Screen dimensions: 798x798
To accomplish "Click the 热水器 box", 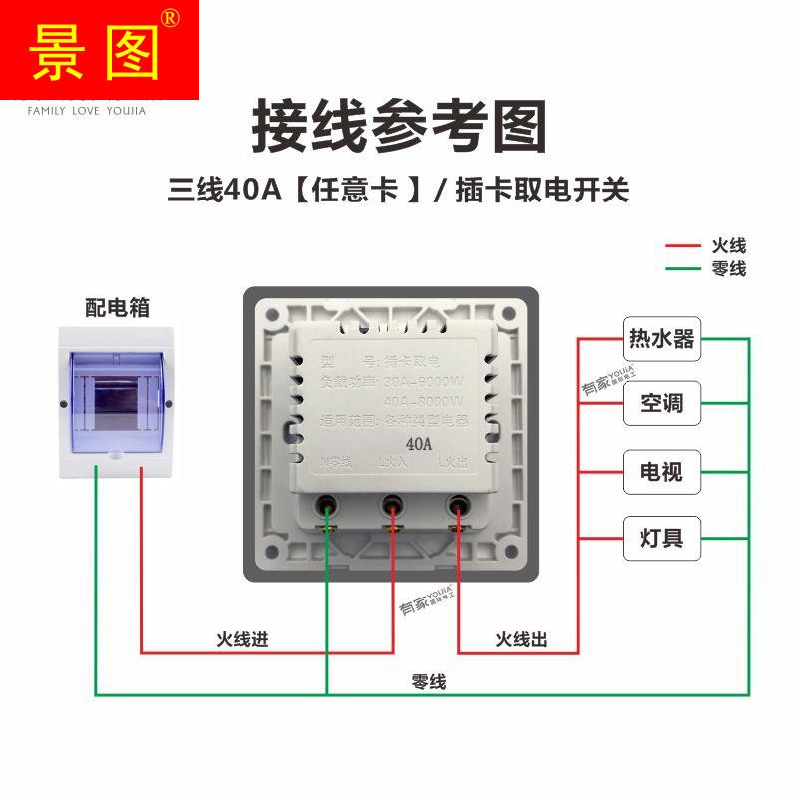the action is pos(661,338).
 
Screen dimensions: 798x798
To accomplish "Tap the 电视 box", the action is pos(661,470).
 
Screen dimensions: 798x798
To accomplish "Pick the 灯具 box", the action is pos(661,538).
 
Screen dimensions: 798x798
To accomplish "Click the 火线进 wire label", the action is pos(243,639).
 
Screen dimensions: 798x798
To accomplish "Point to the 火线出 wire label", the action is pos(521,639).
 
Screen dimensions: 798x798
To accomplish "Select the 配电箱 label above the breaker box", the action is pos(117,307).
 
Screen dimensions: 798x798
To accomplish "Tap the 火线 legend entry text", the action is pos(729,245).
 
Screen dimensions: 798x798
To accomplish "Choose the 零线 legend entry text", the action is pos(729,268).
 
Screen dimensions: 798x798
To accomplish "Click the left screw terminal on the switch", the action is pos(326,506).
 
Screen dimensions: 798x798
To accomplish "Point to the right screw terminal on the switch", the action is pos(459,506).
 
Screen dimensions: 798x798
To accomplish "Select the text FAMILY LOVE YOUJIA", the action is pos(86,111).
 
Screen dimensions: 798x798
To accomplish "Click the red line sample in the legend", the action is pos(684,245).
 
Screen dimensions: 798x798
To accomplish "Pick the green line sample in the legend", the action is pos(684,268).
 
